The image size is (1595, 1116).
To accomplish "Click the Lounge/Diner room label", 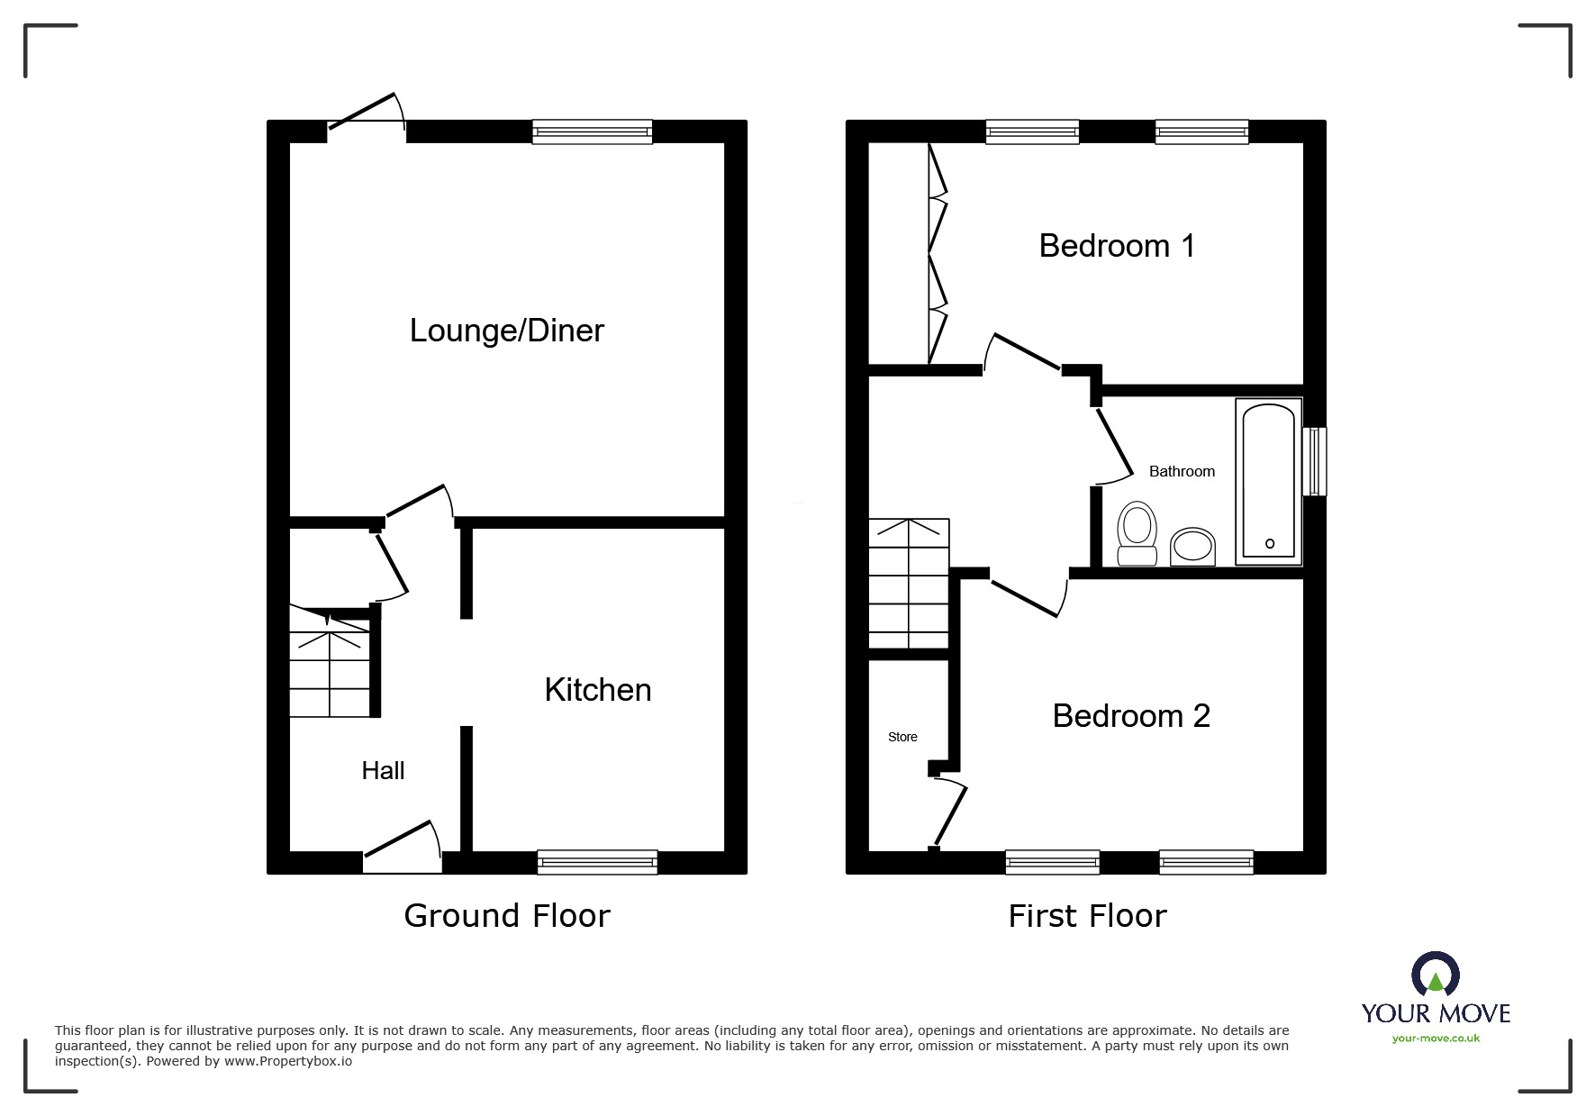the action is tap(506, 331).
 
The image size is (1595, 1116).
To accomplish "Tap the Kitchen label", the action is tap(598, 690).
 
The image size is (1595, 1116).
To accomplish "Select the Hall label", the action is tap(383, 770).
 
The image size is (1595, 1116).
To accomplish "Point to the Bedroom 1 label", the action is tap(1117, 246).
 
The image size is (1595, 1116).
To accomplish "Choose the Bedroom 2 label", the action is tap(1131, 716).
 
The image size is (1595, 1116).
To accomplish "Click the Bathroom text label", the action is tap(1182, 471).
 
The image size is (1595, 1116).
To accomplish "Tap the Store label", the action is tap(902, 737).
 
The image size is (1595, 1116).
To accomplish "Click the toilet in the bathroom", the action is tap(1137, 534).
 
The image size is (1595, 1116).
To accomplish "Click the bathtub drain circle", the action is tap(1270, 543).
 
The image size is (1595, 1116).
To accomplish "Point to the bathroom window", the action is tap(1315, 461).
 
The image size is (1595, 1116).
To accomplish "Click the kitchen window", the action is tap(597, 862).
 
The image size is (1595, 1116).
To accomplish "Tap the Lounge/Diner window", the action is tap(592, 132).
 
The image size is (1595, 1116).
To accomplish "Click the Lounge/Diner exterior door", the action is tap(367, 117).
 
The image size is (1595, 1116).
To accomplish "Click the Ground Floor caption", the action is tap(507, 916).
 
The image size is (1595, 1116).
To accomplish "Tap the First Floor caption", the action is tap(1087, 916).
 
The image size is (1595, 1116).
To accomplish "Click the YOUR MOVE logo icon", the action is tap(1436, 975).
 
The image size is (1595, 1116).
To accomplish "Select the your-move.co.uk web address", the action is tap(1436, 1039).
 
